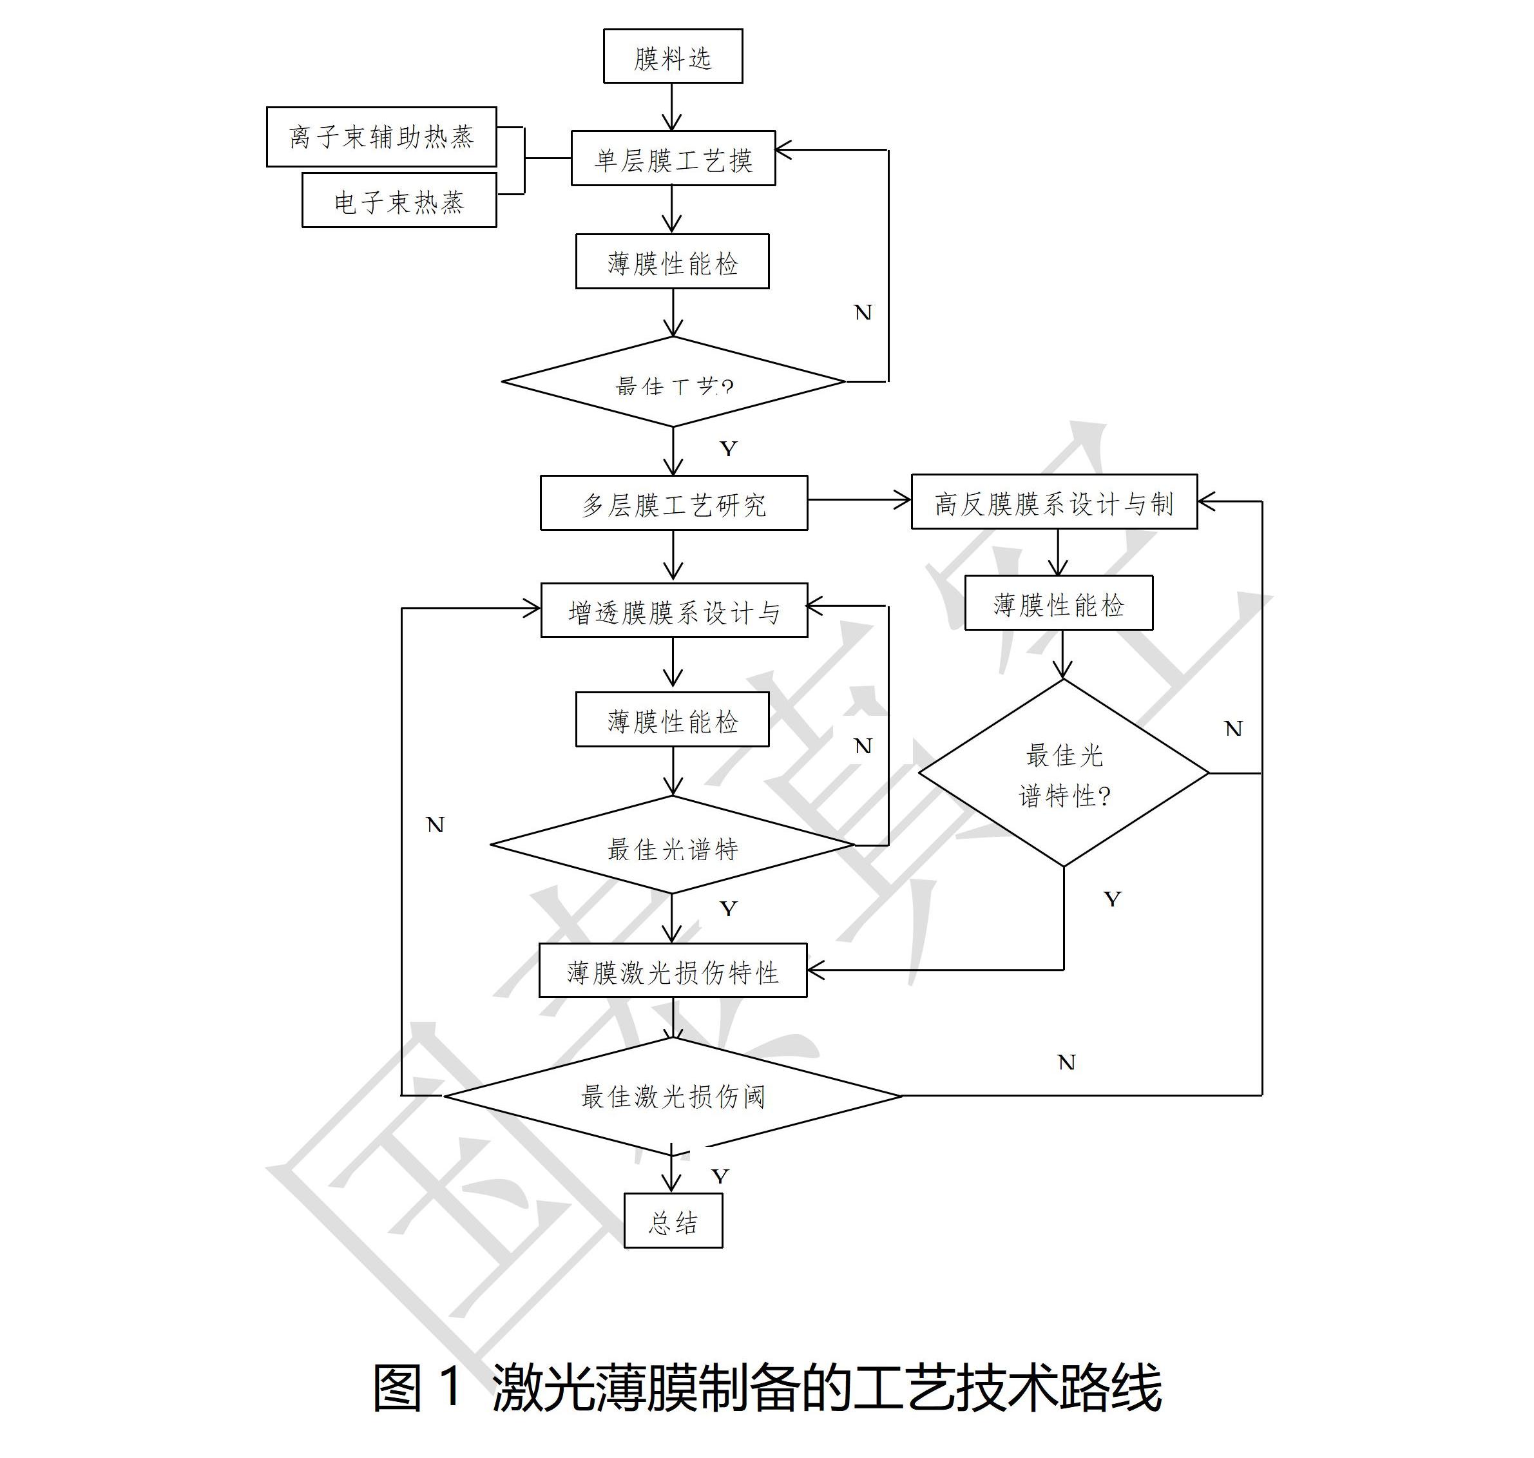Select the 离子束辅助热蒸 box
click(381, 137)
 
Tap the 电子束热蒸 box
click(399, 200)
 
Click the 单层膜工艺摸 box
click(673, 158)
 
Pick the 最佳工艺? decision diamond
click(673, 381)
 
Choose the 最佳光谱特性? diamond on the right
click(1063, 772)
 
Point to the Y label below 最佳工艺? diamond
click(728, 448)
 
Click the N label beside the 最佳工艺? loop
click(863, 312)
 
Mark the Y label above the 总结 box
click(720, 1176)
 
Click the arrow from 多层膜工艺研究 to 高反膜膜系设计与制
click(859, 501)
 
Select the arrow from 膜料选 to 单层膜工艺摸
click(672, 106)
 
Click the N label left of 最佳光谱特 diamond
click(435, 825)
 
